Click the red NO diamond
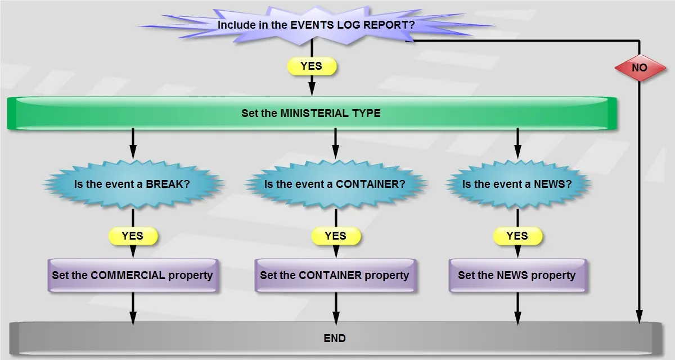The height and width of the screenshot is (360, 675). point(640,67)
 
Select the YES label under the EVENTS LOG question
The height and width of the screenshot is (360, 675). point(312,66)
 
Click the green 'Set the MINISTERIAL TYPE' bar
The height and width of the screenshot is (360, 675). point(311,113)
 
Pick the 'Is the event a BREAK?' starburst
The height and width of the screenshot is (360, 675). point(133,183)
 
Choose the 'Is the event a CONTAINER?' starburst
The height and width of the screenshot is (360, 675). point(335,183)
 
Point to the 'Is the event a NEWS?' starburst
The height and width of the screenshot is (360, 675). point(517,183)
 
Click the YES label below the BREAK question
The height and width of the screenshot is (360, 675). point(133,236)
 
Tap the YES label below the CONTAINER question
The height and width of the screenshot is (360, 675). point(336,236)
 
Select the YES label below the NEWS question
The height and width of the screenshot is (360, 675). point(517,236)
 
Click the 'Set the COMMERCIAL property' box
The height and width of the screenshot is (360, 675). point(133,276)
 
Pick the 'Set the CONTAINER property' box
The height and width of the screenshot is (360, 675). point(335,276)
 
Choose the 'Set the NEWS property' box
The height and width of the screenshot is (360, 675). point(517,276)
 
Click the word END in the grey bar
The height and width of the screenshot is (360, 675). point(335,338)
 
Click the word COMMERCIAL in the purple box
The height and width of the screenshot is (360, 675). point(128,276)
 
